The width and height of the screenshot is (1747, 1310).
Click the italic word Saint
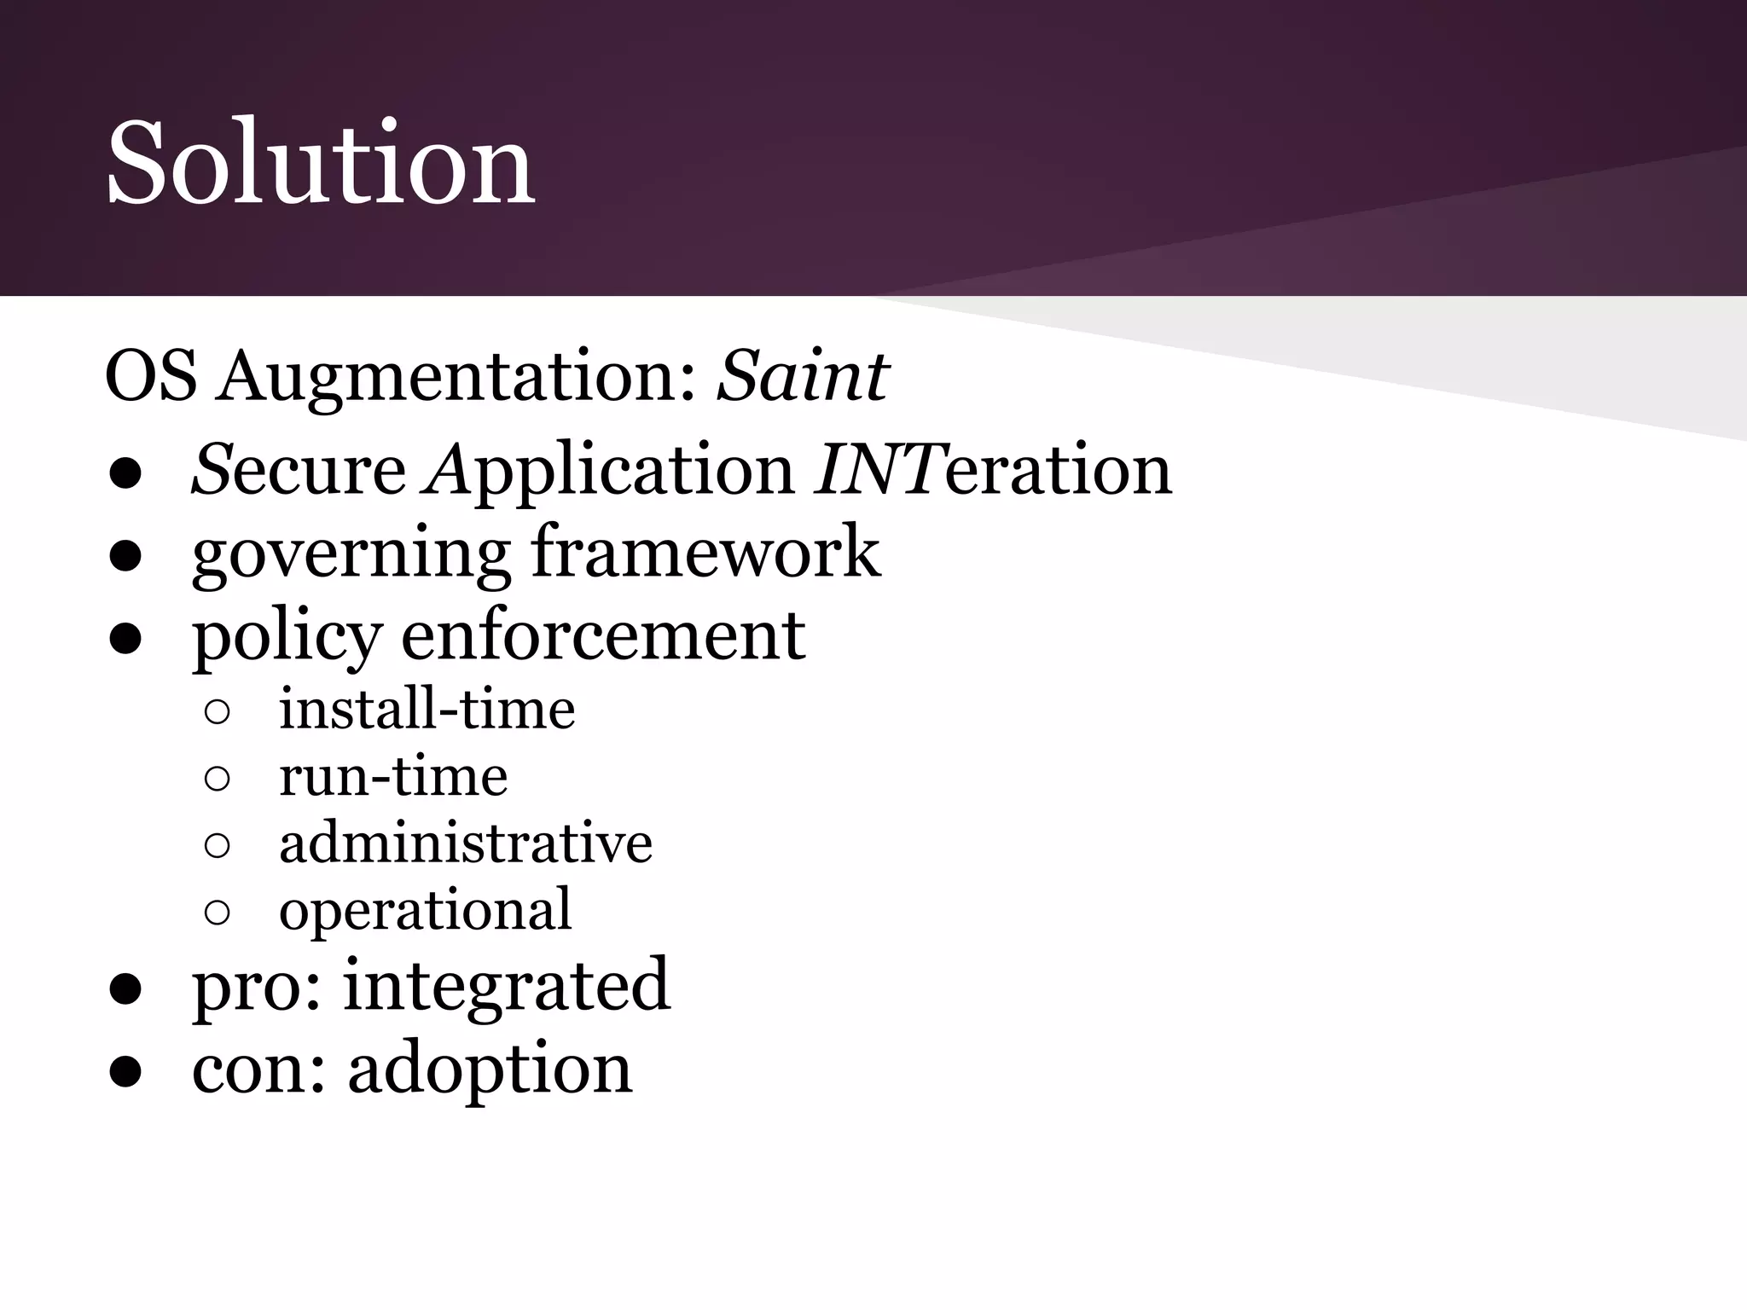pos(803,376)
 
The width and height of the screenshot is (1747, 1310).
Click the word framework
pos(706,552)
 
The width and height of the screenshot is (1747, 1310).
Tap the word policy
pos(287,637)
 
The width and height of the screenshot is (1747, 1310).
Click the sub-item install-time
pos(427,709)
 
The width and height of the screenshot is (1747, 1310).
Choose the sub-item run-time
pos(393,776)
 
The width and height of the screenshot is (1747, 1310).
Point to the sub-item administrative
pos(466,843)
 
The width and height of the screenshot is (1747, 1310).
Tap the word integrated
pos(507,985)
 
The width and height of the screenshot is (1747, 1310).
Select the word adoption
pos(490,1069)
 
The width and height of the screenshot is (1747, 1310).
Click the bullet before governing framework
pos(125,556)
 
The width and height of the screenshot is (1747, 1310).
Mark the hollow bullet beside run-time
pos(218,778)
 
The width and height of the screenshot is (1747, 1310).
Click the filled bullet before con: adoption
pos(125,1072)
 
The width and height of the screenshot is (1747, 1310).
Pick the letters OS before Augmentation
pos(150,376)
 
